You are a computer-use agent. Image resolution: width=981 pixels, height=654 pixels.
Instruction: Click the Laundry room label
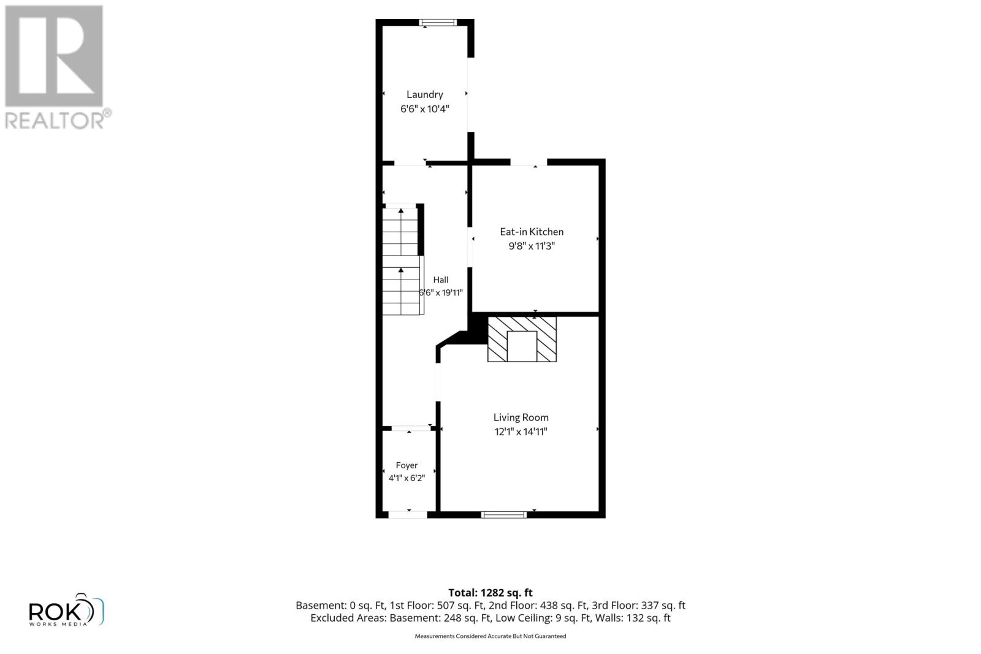(x=424, y=94)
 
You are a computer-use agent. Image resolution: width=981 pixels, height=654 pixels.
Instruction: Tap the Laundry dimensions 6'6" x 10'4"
(x=424, y=109)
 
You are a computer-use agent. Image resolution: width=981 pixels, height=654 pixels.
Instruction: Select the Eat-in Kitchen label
(x=532, y=232)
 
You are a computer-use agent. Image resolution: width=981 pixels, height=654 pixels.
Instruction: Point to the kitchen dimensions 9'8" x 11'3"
(x=532, y=246)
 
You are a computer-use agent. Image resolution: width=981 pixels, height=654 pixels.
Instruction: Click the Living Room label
(x=521, y=417)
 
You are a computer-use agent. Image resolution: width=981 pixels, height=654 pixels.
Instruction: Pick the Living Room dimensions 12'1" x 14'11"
(x=521, y=432)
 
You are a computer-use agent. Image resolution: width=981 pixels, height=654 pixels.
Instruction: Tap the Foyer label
(x=407, y=466)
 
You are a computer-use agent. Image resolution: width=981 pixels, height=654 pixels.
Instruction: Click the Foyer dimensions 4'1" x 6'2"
(x=407, y=478)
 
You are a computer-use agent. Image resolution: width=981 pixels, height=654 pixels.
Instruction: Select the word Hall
(x=441, y=279)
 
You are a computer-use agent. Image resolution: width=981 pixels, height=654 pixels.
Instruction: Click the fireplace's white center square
(x=522, y=346)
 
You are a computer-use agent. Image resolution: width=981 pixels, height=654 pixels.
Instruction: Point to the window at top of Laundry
(x=438, y=23)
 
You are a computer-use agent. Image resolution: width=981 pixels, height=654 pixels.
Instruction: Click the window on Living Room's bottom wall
(x=503, y=515)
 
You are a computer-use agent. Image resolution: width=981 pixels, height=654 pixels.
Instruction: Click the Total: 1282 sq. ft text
(x=490, y=593)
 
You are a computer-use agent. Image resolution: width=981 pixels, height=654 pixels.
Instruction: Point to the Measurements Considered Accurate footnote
(x=490, y=636)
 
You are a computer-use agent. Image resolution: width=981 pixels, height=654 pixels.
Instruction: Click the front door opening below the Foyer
(x=408, y=515)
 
